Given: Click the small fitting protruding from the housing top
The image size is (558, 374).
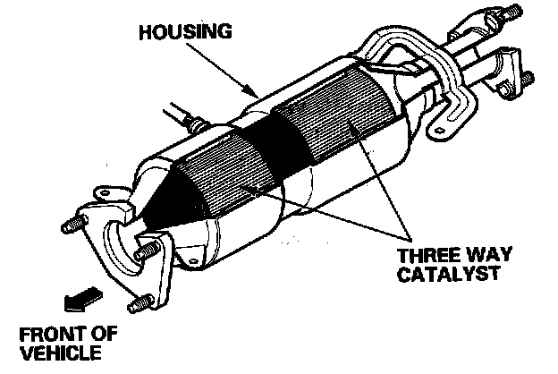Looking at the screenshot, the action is tap(184, 117).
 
